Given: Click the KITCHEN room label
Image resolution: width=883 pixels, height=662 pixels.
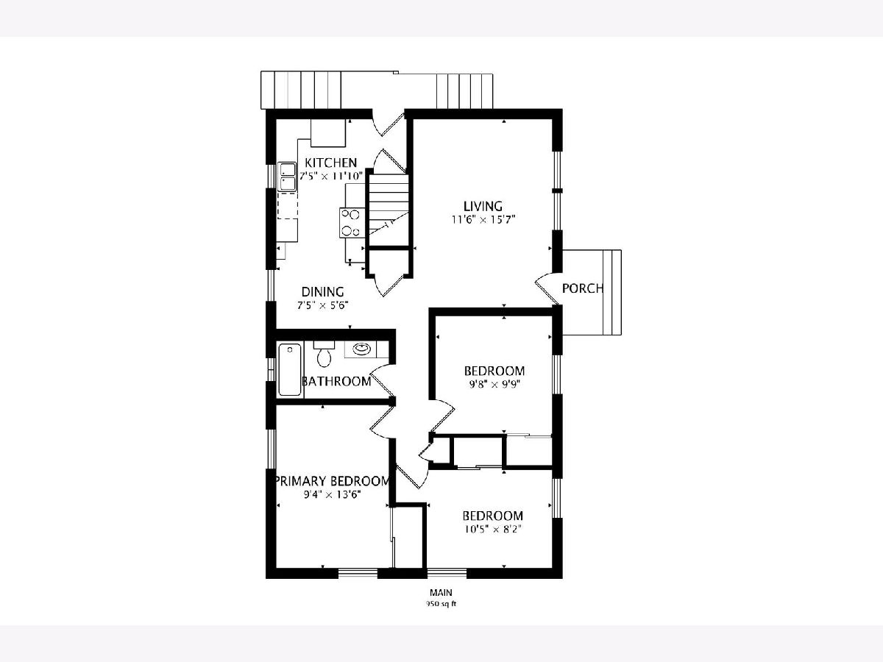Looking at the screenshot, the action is pyautogui.click(x=330, y=163).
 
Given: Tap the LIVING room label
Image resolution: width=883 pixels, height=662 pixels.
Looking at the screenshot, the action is pyautogui.click(x=483, y=206).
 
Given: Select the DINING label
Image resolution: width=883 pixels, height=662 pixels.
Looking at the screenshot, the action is pyautogui.click(x=322, y=292).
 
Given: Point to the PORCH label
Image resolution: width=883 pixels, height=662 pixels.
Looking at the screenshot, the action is pyautogui.click(x=583, y=288).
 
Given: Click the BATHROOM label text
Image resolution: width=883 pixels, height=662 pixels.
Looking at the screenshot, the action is pyautogui.click(x=336, y=381).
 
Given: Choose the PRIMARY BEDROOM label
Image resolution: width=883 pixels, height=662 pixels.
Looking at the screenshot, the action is pyautogui.click(x=333, y=481).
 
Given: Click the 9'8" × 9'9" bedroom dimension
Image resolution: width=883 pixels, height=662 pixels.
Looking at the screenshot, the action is pyautogui.click(x=494, y=384).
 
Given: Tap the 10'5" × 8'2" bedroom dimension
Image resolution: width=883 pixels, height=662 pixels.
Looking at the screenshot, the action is pyautogui.click(x=493, y=530).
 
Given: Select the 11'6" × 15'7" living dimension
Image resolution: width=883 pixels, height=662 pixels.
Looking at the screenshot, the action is pyautogui.click(x=483, y=220).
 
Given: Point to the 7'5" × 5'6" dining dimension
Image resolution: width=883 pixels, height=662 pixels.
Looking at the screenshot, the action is pyautogui.click(x=322, y=305).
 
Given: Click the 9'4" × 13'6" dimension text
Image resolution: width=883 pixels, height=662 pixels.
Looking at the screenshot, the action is pyautogui.click(x=333, y=495).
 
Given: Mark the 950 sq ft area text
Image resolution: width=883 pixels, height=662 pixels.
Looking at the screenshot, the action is pyautogui.click(x=441, y=604).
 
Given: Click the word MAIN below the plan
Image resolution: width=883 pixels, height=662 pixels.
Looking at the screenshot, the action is pyautogui.click(x=441, y=592).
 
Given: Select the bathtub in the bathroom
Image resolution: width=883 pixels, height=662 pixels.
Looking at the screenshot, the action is pyautogui.click(x=290, y=370).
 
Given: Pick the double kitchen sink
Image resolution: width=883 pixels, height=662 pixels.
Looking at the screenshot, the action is pyautogui.click(x=287, y=177).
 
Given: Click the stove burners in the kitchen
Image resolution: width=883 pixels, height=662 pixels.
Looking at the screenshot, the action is pyautogui.click(x=350, y=223).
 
